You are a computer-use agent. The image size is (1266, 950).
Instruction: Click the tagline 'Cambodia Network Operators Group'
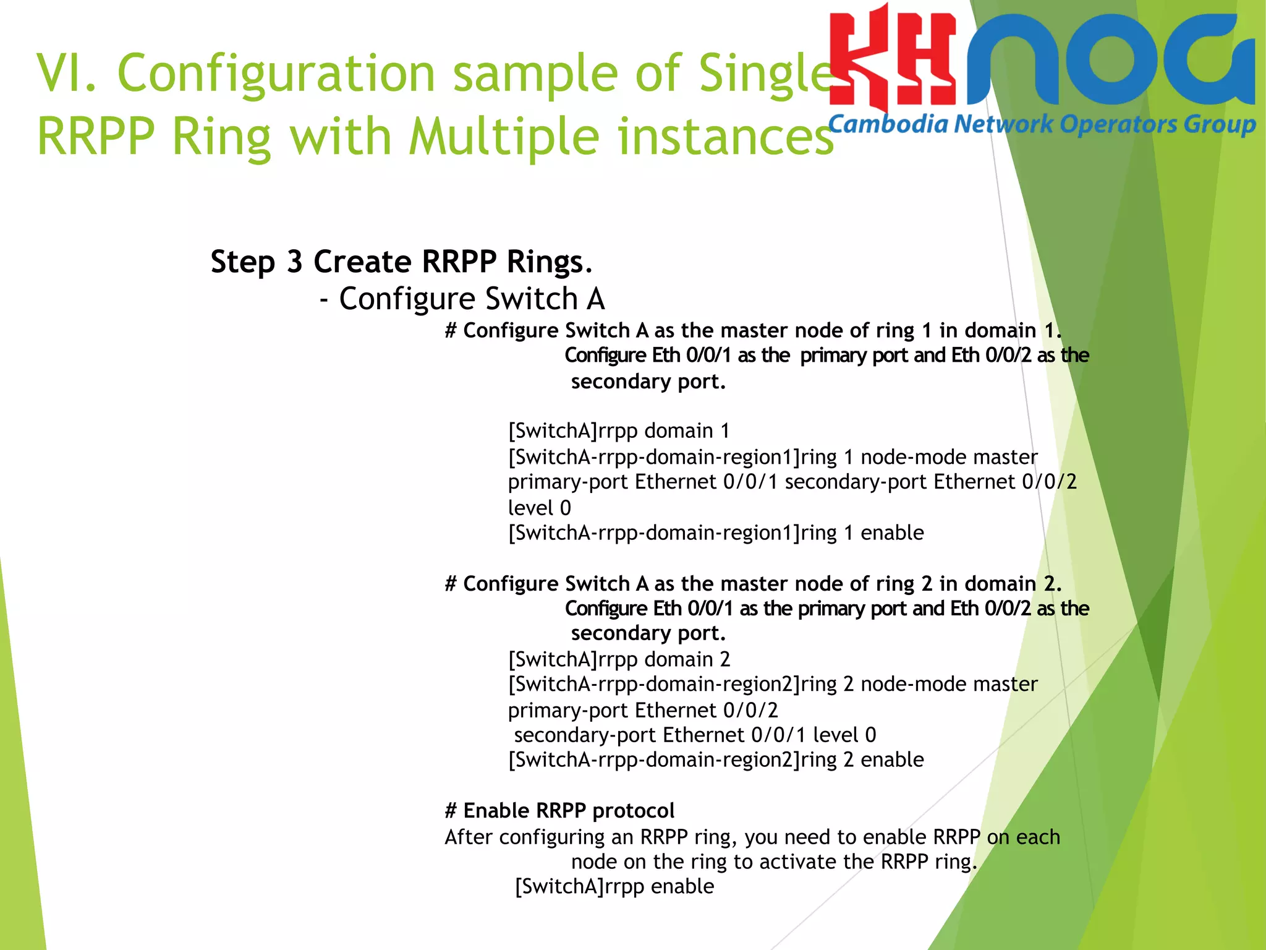click(1042, 124)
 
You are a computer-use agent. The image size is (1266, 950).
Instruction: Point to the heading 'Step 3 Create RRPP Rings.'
click(402, 262)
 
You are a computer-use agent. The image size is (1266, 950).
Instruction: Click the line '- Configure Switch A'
click(462, 299)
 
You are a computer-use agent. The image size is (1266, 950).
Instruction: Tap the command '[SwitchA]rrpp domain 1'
click(619, 430)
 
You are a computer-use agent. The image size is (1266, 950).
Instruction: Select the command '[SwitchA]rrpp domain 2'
click(619, 659)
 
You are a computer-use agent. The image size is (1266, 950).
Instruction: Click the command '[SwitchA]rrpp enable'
click(614, 886)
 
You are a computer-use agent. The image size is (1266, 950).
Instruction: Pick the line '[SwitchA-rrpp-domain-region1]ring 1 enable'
click(716, 533)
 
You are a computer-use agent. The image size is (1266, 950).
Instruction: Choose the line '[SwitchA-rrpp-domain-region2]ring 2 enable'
click(716, 760)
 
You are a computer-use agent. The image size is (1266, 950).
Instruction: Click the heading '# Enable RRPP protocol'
click(559, 810)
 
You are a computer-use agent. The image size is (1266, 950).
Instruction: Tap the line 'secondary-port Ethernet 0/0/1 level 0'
click(695, 735)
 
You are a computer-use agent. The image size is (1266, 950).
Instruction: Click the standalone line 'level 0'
click(539, 508)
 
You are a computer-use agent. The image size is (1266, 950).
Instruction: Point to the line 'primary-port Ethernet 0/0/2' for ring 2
click(643, 710)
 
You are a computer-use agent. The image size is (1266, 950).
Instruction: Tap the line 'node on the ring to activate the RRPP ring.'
click(774, 862)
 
